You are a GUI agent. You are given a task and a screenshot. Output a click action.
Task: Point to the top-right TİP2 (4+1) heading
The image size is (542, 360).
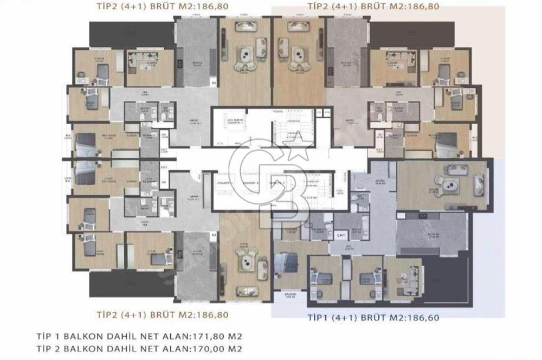373,7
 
